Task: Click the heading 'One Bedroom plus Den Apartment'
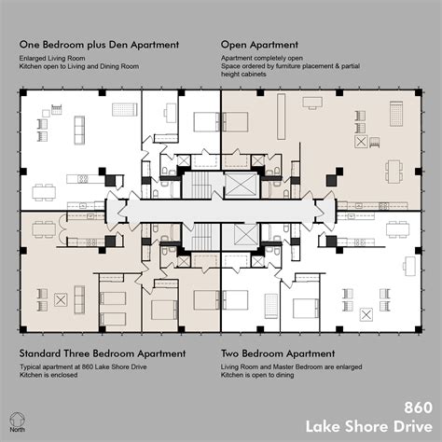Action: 95,44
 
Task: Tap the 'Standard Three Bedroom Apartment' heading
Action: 102,353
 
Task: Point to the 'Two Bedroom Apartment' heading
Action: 278,353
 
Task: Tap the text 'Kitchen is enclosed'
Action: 50,378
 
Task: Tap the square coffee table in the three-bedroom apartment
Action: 62,299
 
